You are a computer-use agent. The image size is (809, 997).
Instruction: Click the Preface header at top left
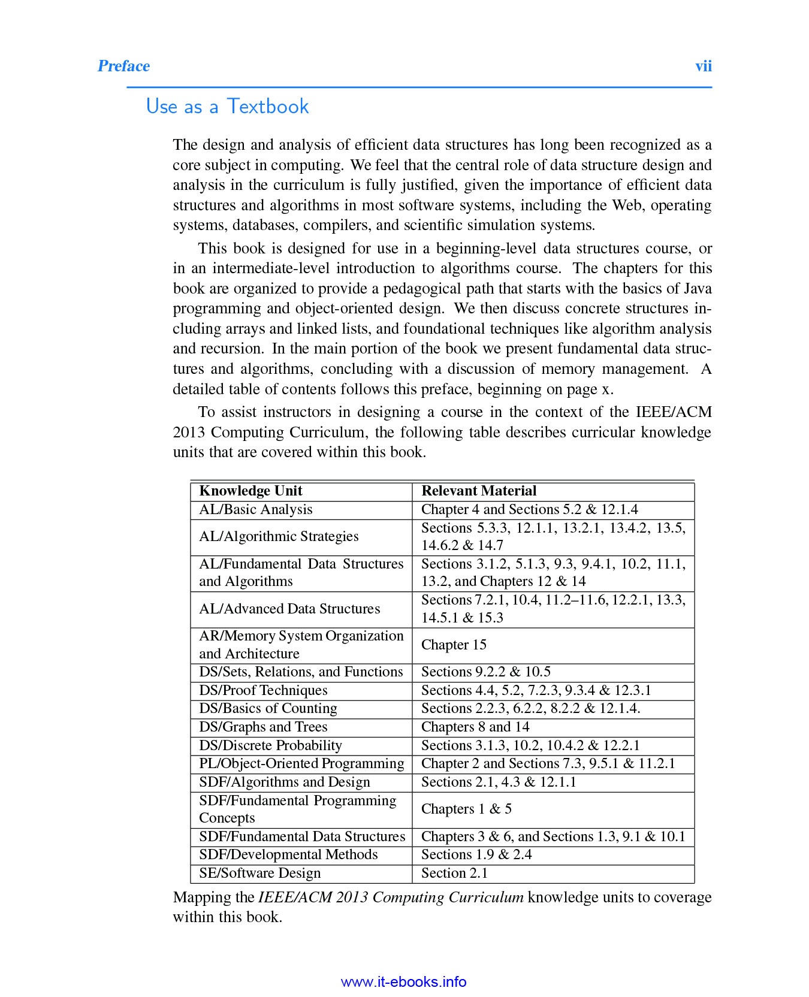click(123, 66)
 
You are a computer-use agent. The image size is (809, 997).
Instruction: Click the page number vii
click(703, 66)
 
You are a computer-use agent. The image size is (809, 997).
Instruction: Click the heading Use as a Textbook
click(227, 107)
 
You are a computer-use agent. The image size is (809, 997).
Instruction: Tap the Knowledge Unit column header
click(250, 491)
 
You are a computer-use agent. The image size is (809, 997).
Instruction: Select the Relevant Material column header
click(478, 491)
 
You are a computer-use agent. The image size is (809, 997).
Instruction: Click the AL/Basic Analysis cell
click(255, 509)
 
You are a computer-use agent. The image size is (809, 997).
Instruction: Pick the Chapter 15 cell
click(454, 645)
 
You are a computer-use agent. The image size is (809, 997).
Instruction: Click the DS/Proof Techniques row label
click(263, 690)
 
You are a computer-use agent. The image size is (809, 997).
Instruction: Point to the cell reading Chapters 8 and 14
click(475, 727)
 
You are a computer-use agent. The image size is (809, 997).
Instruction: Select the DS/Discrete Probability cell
click(270, 745)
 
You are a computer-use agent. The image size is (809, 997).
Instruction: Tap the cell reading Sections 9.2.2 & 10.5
click(485, 672)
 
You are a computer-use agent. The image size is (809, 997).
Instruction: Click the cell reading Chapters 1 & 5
click(466, 809)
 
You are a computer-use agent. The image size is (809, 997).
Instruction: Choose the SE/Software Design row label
click(259, 873)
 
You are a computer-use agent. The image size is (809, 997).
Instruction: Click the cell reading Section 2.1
click(454, 873)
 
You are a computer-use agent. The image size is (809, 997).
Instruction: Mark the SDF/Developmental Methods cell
click(288, 854)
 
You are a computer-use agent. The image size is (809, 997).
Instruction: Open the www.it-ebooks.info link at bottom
click(403, 981)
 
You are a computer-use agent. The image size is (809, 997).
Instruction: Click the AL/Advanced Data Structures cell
click(289, 609)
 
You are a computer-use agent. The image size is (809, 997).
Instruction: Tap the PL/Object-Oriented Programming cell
click(301, 763)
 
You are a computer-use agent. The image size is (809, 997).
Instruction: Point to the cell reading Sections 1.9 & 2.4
click(476, 854)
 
